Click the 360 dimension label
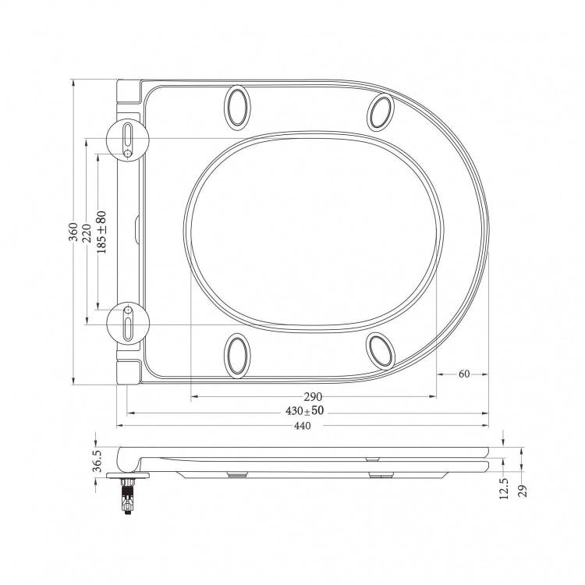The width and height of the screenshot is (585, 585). [x=74, y=232]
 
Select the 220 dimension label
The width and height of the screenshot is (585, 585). [x=87, y=233]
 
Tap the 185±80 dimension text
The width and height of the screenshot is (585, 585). [x=101, y=232]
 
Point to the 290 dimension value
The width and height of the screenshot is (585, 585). [x=313, y=396]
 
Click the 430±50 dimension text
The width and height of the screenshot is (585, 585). [x=305, y=411]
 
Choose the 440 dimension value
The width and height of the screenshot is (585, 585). [x=302, y=426]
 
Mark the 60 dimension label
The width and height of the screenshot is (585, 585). [x=464, y=374]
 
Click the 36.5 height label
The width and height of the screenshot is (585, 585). [x=97, y=461]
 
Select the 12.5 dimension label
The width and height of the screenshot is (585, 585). [x=504, y=489]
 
